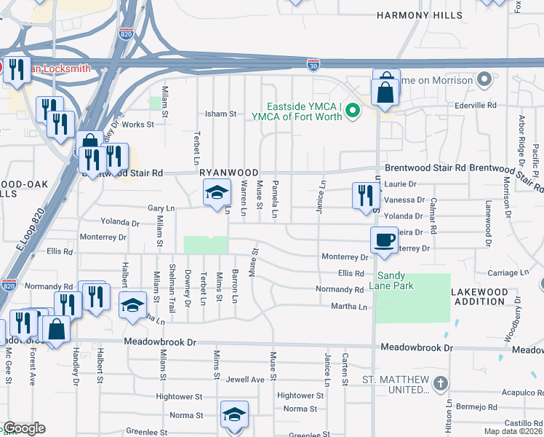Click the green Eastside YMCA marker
click(x=353, y=111)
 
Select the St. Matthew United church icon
click(x=439, y=384)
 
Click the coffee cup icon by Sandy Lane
click(x=385, y=239)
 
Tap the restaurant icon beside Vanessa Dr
click(x=366, y=195)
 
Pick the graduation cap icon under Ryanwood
click(x=216, y=193)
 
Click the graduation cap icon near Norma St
click(x=234, y=414)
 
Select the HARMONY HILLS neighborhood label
click(x=419, y=15)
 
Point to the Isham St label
click(x=222, y=114)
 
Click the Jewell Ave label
click(x=245, y=379)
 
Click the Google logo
click(x=24, y=428)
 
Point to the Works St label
click(x=137, y=125)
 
